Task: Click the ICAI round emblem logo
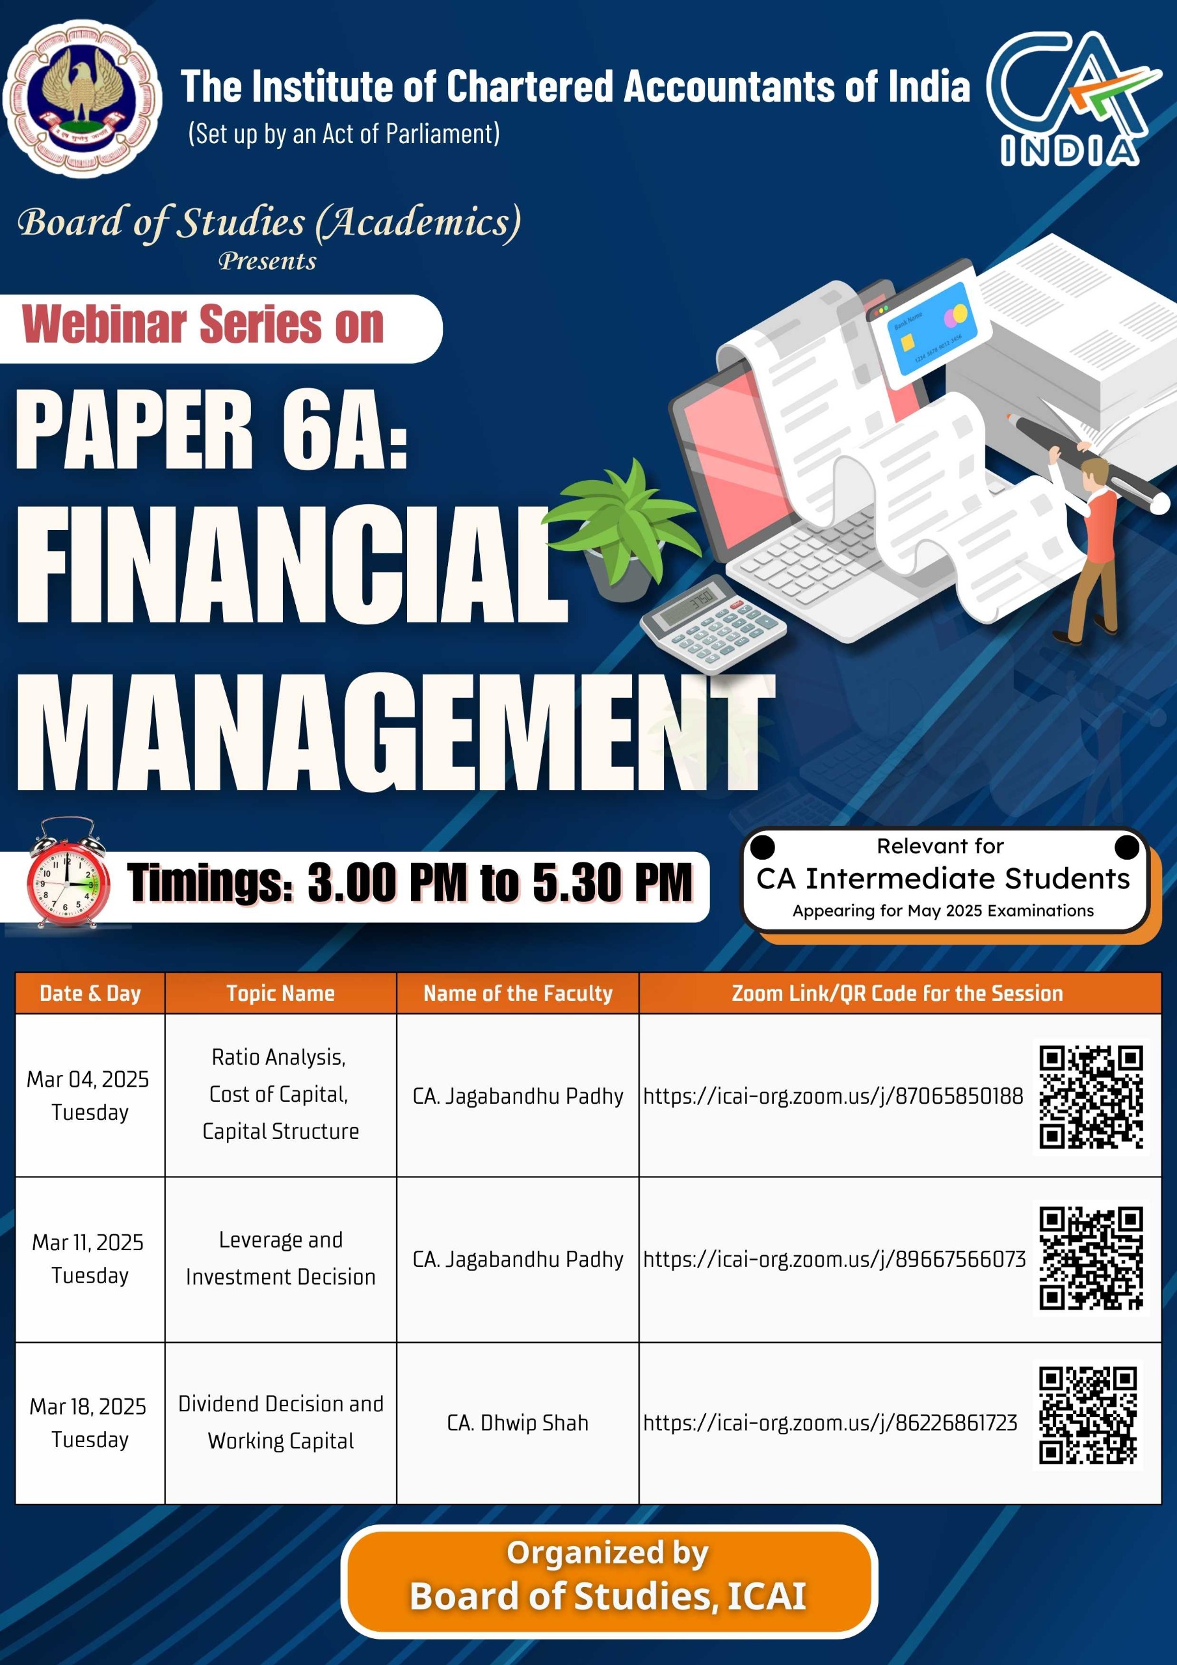click(83, 98)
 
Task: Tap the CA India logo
click(1072, 98)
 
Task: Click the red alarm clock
click(68, 872)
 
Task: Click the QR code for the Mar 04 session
click(1091, 1097)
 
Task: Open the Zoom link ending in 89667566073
click(834, 1259)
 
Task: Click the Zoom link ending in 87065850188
click(832, 1096)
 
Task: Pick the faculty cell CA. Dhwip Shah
click(517, 1423)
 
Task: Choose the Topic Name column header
click(281, 992)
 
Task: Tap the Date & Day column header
click(90, 992)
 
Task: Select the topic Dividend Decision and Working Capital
click(281, 1422)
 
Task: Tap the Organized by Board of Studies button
click(609, 1581)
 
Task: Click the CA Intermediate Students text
click(943, 878)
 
